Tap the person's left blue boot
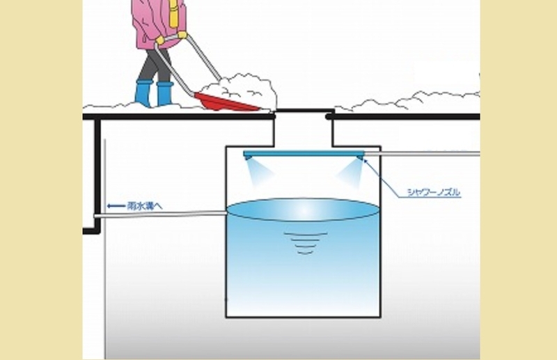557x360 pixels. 143,94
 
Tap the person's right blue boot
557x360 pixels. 164,94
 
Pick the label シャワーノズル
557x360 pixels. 433,192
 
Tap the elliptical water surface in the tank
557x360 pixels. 304,210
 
